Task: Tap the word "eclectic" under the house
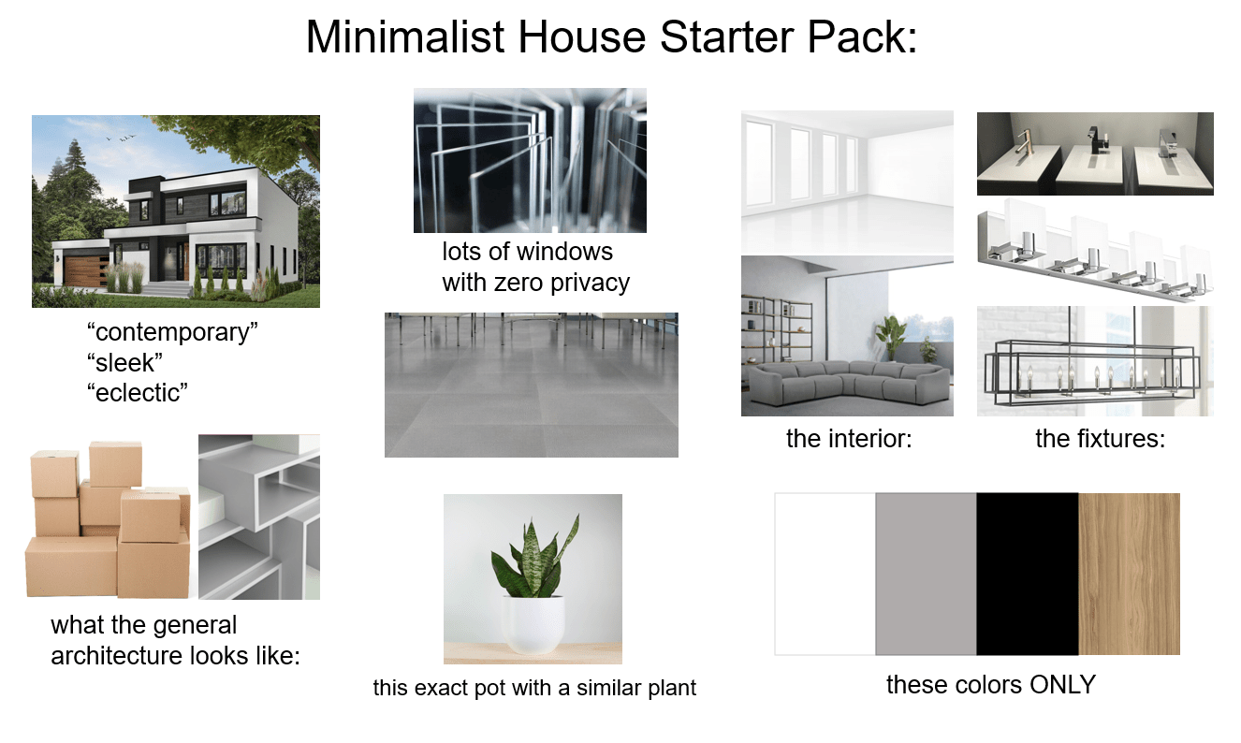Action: [136, 392]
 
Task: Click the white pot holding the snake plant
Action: [533, 623]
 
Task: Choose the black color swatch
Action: [1027, 574]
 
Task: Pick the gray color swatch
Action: [926, 574]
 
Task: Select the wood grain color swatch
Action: [1129, 574]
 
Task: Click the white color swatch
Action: [825, 574]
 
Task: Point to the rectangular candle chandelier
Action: [1091, 371]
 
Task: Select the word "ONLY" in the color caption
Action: [1062, 685]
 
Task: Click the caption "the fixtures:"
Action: [1100, 438]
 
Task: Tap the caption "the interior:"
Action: [848, 438]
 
